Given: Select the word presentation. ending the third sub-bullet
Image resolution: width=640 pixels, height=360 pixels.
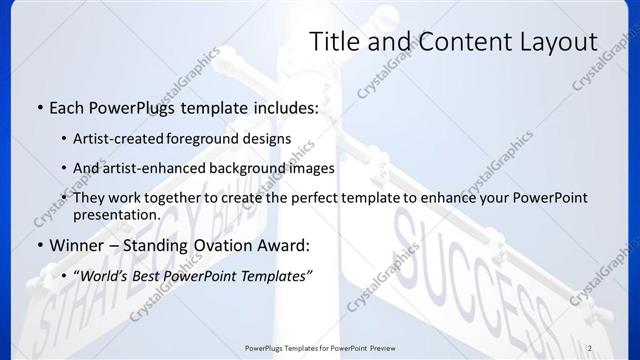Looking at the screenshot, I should point(116,215).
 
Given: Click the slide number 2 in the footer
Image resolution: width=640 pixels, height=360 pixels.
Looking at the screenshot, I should point(589,348).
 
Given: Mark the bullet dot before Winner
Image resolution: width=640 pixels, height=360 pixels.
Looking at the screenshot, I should point(38,246).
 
